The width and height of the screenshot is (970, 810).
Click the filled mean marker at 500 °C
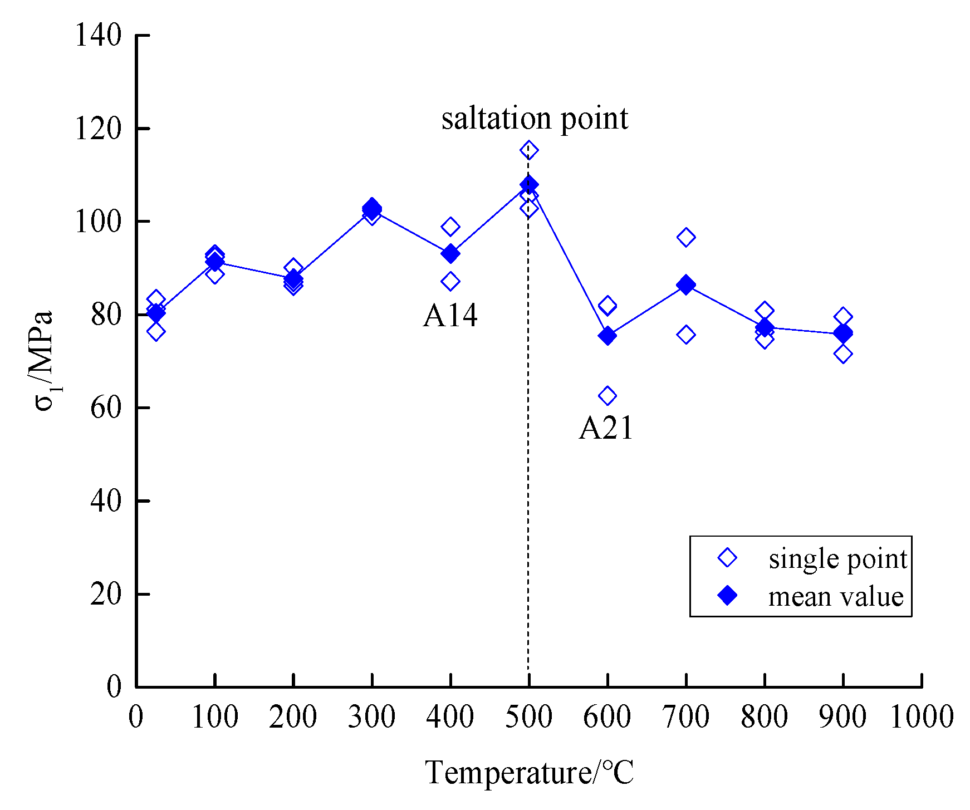click(x=528, y=184)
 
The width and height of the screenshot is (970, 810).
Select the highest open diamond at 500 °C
click(x=529, y=150)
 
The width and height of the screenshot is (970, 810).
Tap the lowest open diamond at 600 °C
click(x=607, y=396)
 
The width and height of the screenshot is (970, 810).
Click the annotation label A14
click(x=450, y=316)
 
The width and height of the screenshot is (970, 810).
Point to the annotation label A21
click(x=606, y=429)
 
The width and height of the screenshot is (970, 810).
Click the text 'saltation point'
click(x=535, y=118)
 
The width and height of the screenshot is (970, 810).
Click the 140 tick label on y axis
click(x=98, y=36)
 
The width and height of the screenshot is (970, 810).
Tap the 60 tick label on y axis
click(x=106, y=408)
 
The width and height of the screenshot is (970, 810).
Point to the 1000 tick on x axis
click(x=922, y=717)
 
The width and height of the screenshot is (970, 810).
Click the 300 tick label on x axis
click(x=371, y=717)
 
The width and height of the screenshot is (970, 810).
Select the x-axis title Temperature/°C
click(x=529, y=773)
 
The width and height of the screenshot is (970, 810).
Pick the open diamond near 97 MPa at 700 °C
click(x=685, y=238)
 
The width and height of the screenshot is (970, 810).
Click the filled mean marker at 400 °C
click(x=450, y=254)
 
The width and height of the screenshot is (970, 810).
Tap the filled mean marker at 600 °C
click(x=607, y=336)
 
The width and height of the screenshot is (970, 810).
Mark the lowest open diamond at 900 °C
click(x=843, y=354)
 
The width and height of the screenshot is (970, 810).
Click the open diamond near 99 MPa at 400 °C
click(x=450, y=227)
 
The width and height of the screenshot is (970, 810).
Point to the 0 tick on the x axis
click(x=136, y=717)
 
